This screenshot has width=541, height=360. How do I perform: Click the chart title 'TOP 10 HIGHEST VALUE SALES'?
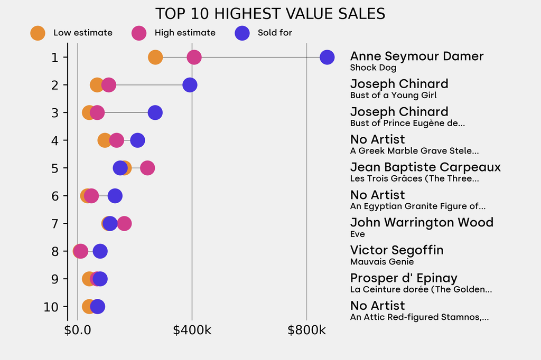(x=270, y=14)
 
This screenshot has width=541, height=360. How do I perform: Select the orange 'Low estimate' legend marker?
(x=38, y=33)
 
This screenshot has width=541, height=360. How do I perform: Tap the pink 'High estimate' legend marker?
(x=139, y=33)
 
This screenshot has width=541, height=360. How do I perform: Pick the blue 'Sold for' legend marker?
(x=241, y=33)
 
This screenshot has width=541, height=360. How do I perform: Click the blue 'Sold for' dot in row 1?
(x=327, y=57)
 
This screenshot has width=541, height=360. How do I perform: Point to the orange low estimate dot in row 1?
(x=155, y=57)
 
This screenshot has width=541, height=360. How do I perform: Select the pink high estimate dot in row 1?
(x=194, y=57)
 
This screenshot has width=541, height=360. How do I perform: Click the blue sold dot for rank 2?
(x=190, y=85)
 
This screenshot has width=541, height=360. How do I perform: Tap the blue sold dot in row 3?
(x=155, y=112)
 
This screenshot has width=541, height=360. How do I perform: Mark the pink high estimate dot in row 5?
(x=147, y=168)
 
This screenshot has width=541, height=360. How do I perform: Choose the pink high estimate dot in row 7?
(x=124, y=223)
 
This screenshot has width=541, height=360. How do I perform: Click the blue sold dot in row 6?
(x=115, y=196)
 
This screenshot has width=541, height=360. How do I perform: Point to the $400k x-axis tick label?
(x=192, y=331)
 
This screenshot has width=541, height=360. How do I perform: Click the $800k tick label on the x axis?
(x=306, y=331)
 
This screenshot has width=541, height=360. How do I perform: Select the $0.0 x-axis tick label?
(x=78, y=331)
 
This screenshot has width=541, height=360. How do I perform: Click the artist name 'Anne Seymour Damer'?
(x=417, y=56)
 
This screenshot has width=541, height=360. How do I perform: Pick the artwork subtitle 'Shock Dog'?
(x=373, y=68)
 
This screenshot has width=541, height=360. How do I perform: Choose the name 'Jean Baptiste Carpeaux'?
(x=425, y=167)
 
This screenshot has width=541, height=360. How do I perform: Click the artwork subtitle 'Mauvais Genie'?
(x=382, y=262)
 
